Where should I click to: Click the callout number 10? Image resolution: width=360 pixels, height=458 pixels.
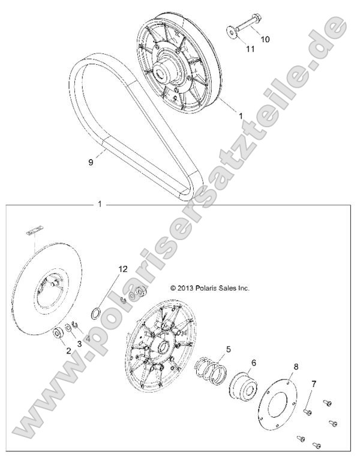click(x=265, y=39)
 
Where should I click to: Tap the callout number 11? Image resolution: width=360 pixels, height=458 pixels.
click(x=250, y=49)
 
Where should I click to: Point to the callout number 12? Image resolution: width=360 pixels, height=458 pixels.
click(x=122, y=270)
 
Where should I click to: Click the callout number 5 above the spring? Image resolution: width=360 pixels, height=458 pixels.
click(x=228, y=349)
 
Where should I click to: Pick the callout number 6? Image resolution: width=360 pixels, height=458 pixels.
click(x=253, y=363)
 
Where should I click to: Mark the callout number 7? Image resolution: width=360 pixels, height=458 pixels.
click(x=295, y=366)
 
